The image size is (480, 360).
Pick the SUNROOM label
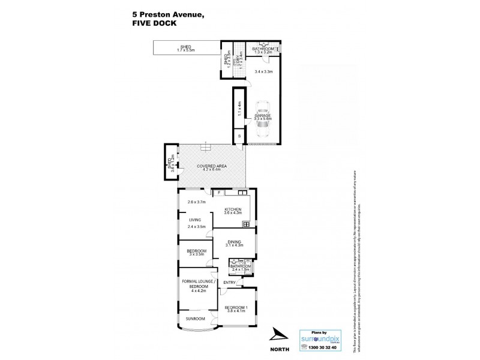[195, 318]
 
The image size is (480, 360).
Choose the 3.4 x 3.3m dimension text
[263, 72]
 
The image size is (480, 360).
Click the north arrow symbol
[278, 334]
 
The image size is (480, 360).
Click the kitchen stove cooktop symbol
[246, 224]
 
